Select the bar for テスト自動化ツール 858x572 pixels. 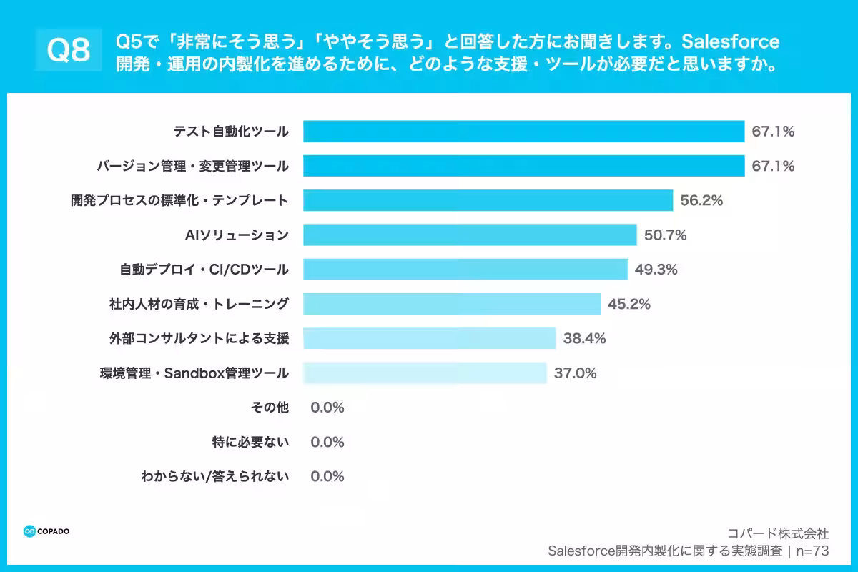[523, 132]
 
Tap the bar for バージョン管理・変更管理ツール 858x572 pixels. [523, 166]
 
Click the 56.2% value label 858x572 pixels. [701, 201]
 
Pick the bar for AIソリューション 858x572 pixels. [470, 235]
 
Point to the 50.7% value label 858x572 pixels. [665, 235]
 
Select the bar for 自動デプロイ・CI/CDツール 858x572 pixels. [465, 270]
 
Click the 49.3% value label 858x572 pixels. [656, 270]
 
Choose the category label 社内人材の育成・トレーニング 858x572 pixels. [194, 304]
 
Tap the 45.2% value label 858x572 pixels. [628, 304]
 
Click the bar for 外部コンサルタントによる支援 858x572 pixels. [429, 338]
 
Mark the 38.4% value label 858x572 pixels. [584, 338]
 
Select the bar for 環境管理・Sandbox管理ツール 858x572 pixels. [425, 373]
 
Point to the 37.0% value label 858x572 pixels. [575, 373]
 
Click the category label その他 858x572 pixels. [270, 408]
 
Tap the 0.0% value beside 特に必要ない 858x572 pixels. [327, 442]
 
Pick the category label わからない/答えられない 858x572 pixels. [214, 476]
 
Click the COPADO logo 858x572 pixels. [46, 531]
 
